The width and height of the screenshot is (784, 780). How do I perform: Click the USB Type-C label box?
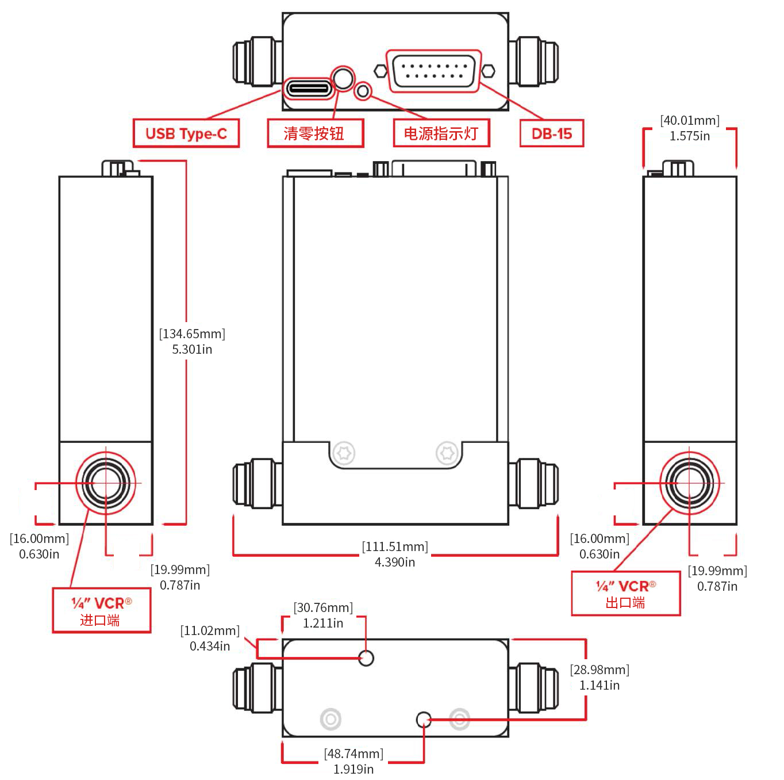(x=186, y=133)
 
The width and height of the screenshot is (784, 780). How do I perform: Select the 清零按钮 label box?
(x=315, y=133)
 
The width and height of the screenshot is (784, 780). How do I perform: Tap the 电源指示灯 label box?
(x=441, y=133)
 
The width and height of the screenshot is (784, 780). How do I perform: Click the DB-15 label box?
(x=551, y=133)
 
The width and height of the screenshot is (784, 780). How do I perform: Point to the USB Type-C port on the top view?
(x=310, y=89)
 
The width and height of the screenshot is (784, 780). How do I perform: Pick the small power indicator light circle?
(x=363, y=91)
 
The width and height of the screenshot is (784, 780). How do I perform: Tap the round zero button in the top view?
(x=343, y=78)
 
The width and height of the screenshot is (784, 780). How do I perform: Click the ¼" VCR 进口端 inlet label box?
(x=101, y=611)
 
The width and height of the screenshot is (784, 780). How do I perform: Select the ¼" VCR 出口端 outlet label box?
(x=625, y=594)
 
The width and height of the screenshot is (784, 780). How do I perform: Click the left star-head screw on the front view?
(x=344, y=453)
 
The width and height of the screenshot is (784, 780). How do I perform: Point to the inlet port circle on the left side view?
(x=106, y=483)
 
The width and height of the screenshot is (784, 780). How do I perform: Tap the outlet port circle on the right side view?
(x=689, y=483)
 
